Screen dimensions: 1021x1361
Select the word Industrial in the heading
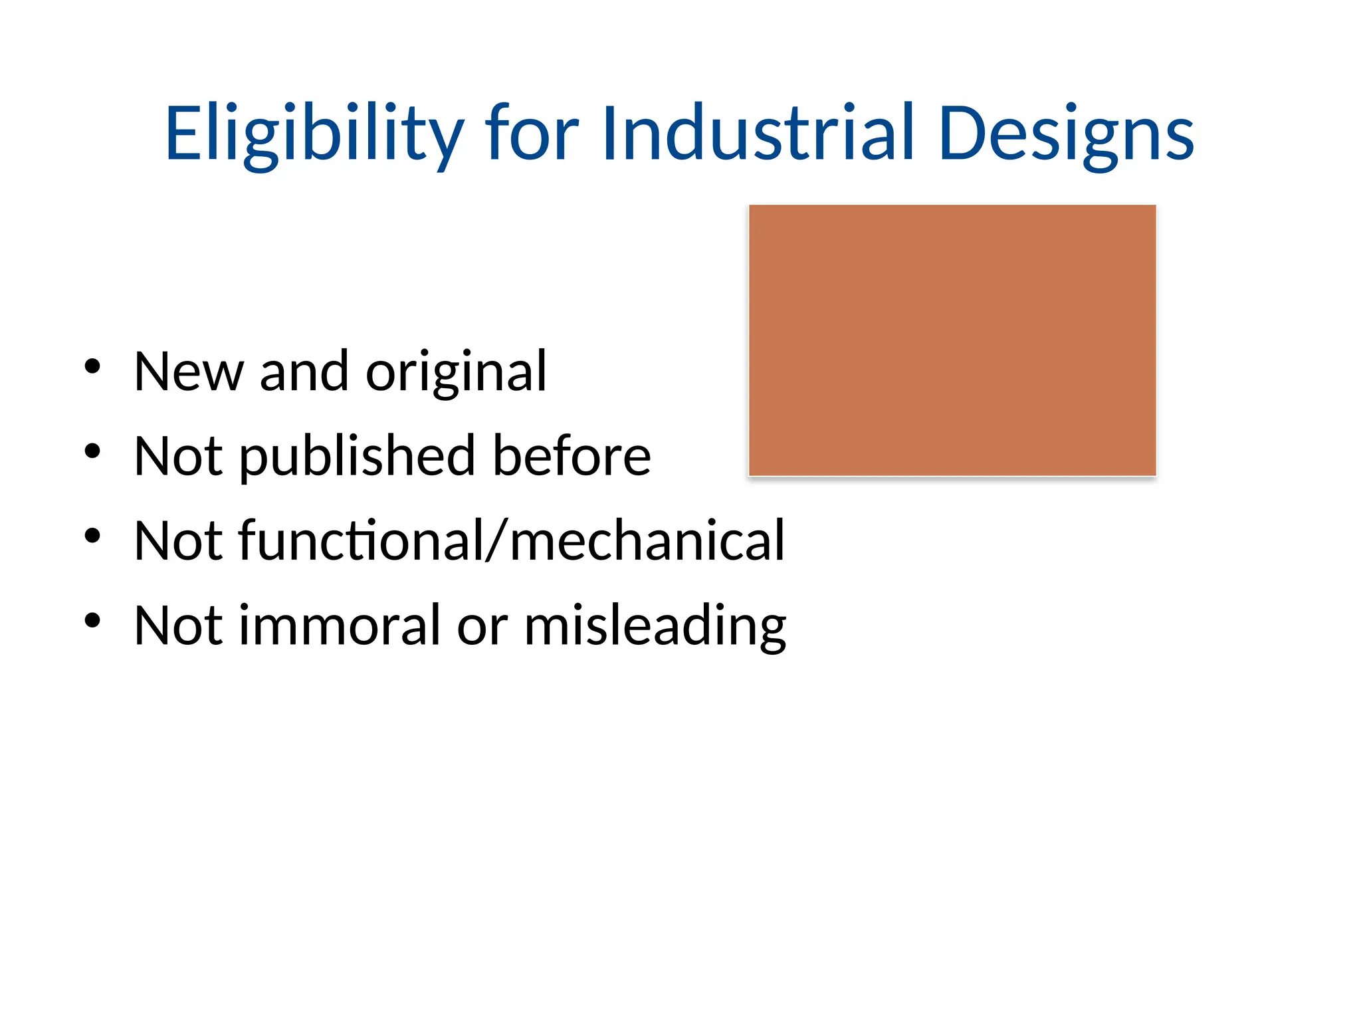pyautogui.click(x=758, y=134)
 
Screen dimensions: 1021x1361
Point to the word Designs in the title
pyautogui.click(x=1066, y=134)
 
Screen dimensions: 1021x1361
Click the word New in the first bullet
pyautogui.click(x=189, y=372)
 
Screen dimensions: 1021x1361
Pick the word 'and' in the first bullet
pyautogui.click(x=304, y=372)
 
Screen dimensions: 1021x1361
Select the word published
pyautogui.click(x=358, y=457)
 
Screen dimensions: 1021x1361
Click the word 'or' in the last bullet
pyautogui.click(x=482, y=626)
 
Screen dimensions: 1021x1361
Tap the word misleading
pyautogui.click(x=655, y=626)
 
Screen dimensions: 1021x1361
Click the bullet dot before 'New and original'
pyautogui.click(x=92, y=366)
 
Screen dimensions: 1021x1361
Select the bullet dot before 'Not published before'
pyautogui.click(x=92, y=451)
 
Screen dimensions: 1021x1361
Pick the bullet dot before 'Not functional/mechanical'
pyautogui.click(x=92, y=535)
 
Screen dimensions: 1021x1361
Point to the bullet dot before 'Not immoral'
pyautogui.click(x=92, y=620)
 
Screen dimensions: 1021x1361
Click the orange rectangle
pyautogui.click(x=952, y=340)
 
